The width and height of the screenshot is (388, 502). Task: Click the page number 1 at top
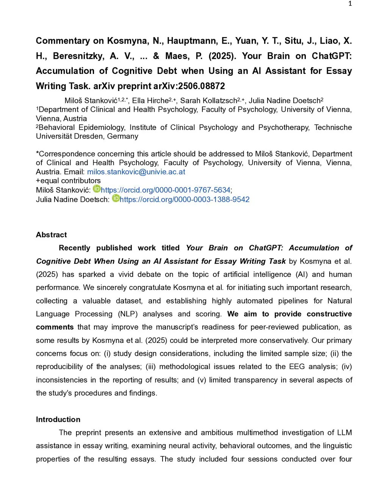(x=350, y=4)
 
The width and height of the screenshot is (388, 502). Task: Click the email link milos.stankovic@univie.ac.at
(x=136, y=172)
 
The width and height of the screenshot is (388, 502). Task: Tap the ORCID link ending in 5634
(x=166, y=190)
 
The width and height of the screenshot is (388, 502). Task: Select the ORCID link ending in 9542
(x=185, y=199)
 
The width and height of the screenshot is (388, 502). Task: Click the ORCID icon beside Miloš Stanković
(x=97, y=189)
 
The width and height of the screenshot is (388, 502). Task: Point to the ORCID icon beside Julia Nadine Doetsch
(x=116, y=198)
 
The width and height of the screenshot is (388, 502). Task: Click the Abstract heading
(x=51, y=235)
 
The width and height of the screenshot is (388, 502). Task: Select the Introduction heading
(x=58, y=419)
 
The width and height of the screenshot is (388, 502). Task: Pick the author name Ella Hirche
(x=150, y=100)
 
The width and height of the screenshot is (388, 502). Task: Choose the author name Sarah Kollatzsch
(x=208, y=100)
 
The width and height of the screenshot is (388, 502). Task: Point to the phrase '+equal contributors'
(x=68, y=181)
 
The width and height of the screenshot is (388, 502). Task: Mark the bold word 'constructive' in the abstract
(x=329, y=314)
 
